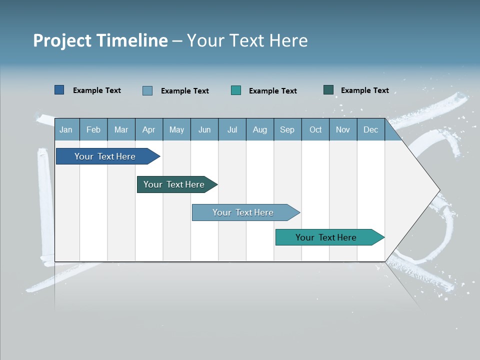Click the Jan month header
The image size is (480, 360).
[66, 129]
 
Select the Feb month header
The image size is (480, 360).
[93, 129]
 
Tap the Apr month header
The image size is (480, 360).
[148, 129]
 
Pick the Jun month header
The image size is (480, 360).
[204, 129]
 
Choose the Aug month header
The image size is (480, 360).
[259, 129]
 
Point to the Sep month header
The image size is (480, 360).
[287, 129]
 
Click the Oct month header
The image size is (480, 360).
[315, 129]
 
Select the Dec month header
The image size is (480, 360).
[370, 129]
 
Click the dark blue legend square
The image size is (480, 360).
[59, 90]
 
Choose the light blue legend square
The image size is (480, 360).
[147, 90]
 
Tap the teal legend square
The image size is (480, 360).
[236, 90]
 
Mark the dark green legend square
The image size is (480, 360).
[328, 90]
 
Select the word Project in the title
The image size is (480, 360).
[63, 40]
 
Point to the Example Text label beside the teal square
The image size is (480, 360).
[272, 91]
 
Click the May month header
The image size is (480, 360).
[176, 129]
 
